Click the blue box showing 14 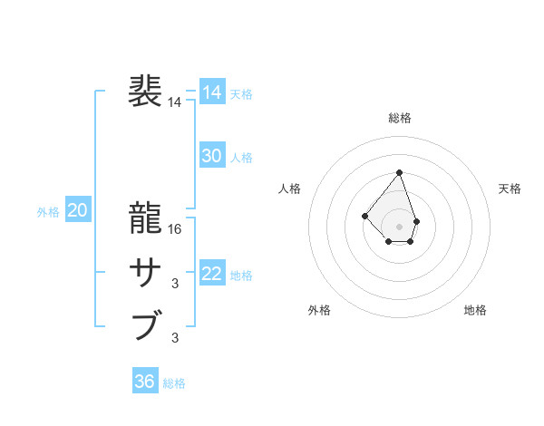coord(211,92)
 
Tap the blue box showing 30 coord(211,156)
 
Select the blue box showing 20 coord(77,211)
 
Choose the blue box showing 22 coord(211,274)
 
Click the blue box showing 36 coord(144,382)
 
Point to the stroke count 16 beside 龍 coord(175,229)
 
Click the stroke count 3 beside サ coord(175,284)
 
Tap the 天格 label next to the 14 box coord(241,94)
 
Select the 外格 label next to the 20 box coord(48,212)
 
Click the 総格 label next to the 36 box coord(174,383)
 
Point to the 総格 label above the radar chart coord(400,118)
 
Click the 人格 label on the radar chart coord(289,189)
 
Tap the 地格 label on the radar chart coord(475,310)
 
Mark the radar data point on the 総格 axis coord(399,172)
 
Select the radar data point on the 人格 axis coord(364,216)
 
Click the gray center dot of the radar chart coord(399,226)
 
